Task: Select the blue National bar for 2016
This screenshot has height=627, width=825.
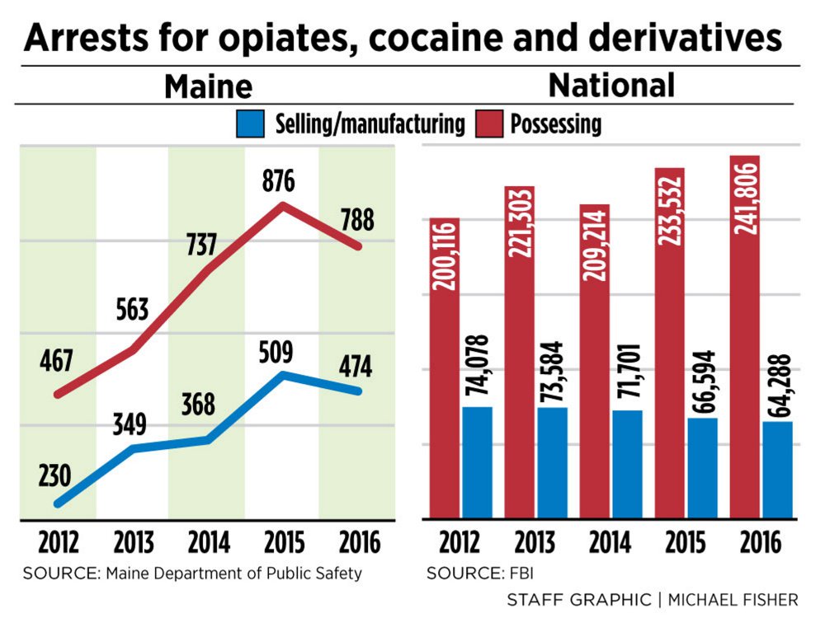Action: (777, 470)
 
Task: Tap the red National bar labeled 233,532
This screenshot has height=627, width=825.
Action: (670, 346)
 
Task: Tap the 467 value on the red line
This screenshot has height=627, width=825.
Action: (55, 361)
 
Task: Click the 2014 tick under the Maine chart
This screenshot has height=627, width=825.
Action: (207, 543)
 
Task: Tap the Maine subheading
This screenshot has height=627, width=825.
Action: (207, 87)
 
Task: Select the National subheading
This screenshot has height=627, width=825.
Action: (611, 86)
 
